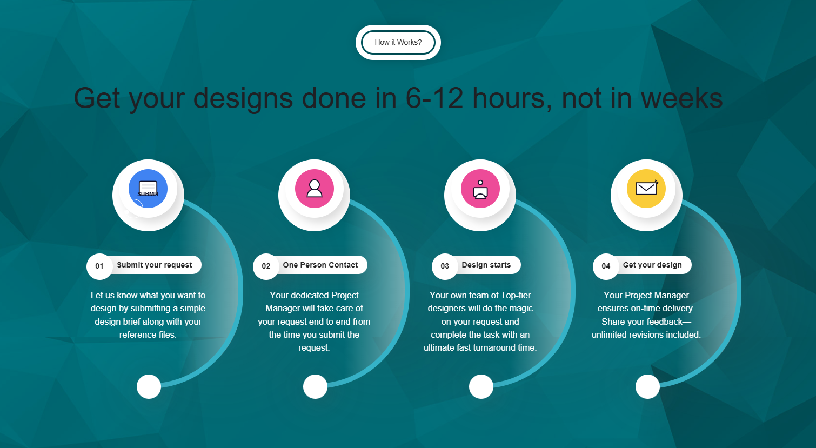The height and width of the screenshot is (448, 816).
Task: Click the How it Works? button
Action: [x=398, y=42]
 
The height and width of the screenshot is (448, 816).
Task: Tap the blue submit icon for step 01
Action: [x=148, y=189]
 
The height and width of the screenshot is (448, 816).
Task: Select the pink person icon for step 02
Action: [x=315, y=189]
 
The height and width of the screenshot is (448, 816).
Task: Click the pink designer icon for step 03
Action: [x=480, y=189]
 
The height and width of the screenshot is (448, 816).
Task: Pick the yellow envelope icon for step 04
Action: [x=646, y=189]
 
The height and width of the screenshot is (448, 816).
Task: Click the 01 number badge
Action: [x=99, y=266]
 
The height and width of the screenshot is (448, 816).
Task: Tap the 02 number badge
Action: [x=266, y=266]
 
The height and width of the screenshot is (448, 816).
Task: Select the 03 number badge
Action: [x=445, y=266]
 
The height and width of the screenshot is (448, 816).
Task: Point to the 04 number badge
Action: [x=606, y=266]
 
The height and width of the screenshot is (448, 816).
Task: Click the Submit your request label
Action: [x=155, y=265]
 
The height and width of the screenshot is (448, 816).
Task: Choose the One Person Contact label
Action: [x=320, y=265]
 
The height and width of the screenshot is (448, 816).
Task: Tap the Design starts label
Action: [x=486, y=265]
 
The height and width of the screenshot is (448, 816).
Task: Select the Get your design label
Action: [x=652, y=265]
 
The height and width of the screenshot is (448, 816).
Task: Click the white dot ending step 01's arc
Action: [x=149, y=386]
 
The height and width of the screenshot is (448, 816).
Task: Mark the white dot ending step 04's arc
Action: [x=647, y=386]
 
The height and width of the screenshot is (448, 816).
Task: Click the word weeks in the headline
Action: [x=681, y=98]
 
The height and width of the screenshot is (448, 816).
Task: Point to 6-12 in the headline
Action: [x=434, y=98]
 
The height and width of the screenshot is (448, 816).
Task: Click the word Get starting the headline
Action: [x=97, y=98]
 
